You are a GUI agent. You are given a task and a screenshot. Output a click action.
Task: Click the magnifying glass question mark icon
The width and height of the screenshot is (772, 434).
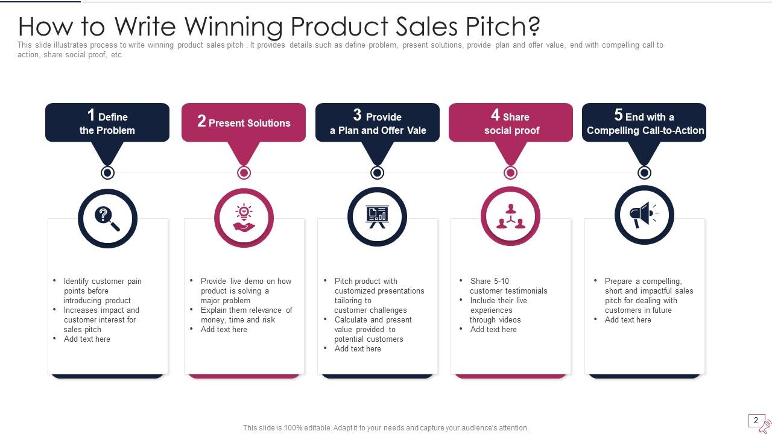coord(107,218)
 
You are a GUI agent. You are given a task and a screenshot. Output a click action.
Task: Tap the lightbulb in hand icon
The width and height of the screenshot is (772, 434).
coord(244,218)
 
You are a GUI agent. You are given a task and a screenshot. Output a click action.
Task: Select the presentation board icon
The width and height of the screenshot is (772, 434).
coord(377,217)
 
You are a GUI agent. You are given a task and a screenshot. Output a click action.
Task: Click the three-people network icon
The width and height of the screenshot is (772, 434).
coord(510,216)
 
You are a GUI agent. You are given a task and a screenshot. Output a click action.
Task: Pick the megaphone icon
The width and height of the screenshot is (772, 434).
coord(644,215)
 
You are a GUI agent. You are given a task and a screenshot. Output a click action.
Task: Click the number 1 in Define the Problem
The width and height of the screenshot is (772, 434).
coord(91,115)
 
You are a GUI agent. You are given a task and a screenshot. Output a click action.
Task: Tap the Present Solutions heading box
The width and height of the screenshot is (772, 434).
coord(244,122)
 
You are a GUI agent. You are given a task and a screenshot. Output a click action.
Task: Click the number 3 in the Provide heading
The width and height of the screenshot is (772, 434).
coord(357,115)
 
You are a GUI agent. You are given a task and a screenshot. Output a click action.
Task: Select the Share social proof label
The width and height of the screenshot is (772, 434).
coord(511,124)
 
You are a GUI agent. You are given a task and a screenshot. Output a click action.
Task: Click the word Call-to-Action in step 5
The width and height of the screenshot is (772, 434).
coord(674,130)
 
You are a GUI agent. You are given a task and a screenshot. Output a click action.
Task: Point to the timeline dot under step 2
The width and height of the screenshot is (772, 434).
coord(244,173)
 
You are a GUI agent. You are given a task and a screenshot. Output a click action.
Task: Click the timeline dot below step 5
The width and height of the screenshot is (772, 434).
coord(644,173)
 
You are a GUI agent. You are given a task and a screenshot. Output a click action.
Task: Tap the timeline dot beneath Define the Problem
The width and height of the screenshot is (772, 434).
coord(107,173)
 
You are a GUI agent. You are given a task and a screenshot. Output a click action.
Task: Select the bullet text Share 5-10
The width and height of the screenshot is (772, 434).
coord(489,281)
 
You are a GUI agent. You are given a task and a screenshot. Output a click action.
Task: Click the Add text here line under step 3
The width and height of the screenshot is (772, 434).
coord(358,348)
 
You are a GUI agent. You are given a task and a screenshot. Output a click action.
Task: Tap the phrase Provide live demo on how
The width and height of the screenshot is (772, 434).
coord(245,281)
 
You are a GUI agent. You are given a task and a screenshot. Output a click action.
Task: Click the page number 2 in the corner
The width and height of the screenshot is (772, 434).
coord(756,420)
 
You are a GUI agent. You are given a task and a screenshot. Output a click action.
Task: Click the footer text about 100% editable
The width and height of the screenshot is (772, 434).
coord(385,428)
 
